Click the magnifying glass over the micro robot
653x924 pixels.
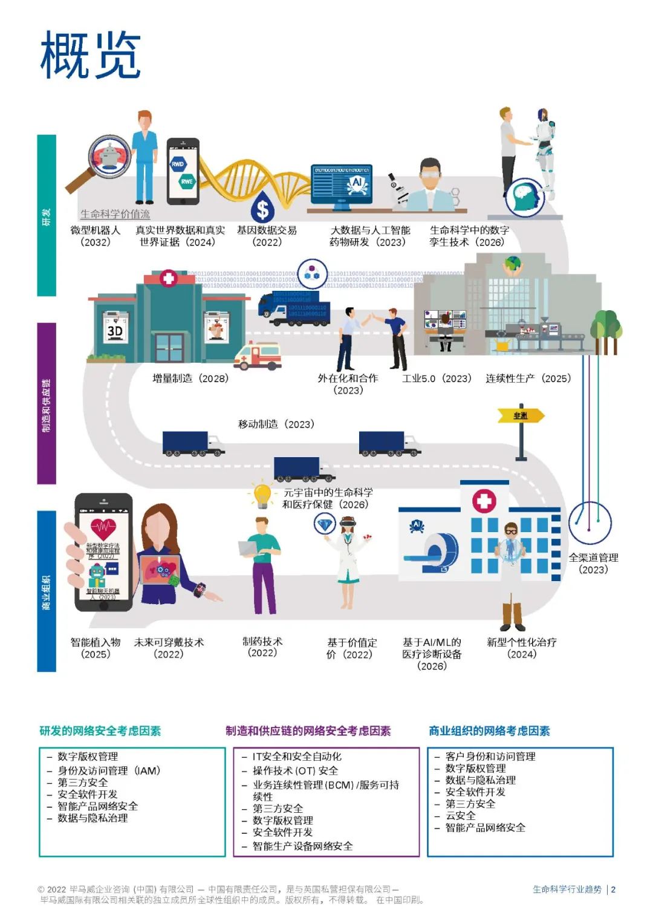click(109, 156)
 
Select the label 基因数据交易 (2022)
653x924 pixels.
click(267, 236)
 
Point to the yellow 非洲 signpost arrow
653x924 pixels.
click(520, 415)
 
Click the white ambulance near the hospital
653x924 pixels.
click(258, 356)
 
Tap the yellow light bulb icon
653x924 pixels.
click(262, 495)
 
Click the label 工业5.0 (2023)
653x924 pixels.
click(437, 379)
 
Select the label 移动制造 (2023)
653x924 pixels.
click(276, 425)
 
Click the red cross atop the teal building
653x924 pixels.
click(168, 278)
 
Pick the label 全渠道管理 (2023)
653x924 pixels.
click(593, 564)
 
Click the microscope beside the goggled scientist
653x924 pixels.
click(397, 190)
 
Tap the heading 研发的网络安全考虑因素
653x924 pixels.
click(100, 731)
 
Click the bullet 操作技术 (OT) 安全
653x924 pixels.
click(295, 771)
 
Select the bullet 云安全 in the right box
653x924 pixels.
click(460, 816)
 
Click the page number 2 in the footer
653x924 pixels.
click(613, 890)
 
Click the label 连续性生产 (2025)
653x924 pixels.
click(528, 379)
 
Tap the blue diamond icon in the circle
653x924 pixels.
click(325, 524)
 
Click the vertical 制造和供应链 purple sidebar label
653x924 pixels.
click(47, 405)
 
